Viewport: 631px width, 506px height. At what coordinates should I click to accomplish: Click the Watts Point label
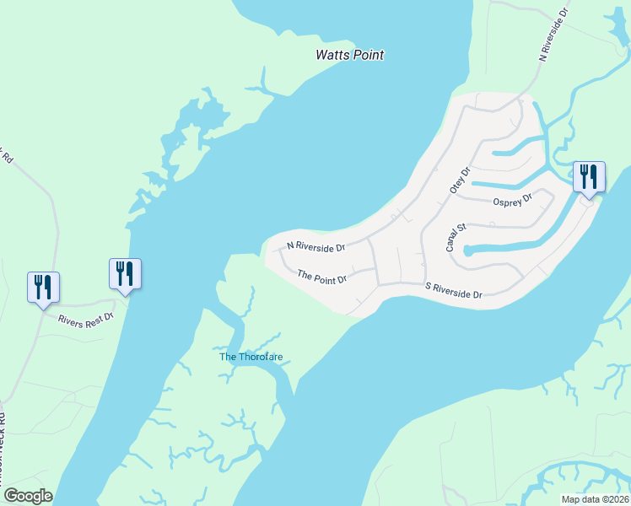(349, 55)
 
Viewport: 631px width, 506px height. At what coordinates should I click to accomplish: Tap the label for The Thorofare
(250, 357)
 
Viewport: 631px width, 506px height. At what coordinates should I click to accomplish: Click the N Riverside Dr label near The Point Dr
(316, 247)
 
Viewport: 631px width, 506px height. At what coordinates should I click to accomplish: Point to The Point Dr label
(322, 276)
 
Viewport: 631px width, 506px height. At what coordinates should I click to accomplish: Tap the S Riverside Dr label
(453, 290)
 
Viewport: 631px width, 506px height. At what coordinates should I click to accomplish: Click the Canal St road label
(456, 238)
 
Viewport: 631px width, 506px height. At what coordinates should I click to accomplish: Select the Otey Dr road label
(459, 180)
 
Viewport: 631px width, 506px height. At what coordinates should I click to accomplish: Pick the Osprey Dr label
(512, 200)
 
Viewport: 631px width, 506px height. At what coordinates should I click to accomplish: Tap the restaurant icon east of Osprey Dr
(589, 177)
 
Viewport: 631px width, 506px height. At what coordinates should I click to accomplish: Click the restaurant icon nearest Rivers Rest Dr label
(125, 274)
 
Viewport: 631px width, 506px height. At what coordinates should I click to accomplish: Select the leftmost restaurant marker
(42, 288)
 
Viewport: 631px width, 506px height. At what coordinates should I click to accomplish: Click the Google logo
(27, 496)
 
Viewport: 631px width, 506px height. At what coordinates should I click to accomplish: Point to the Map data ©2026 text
(595, 498)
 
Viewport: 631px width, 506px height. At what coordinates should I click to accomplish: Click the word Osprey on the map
(506, 201)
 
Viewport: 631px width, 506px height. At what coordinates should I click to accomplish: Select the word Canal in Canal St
(453, 242)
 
